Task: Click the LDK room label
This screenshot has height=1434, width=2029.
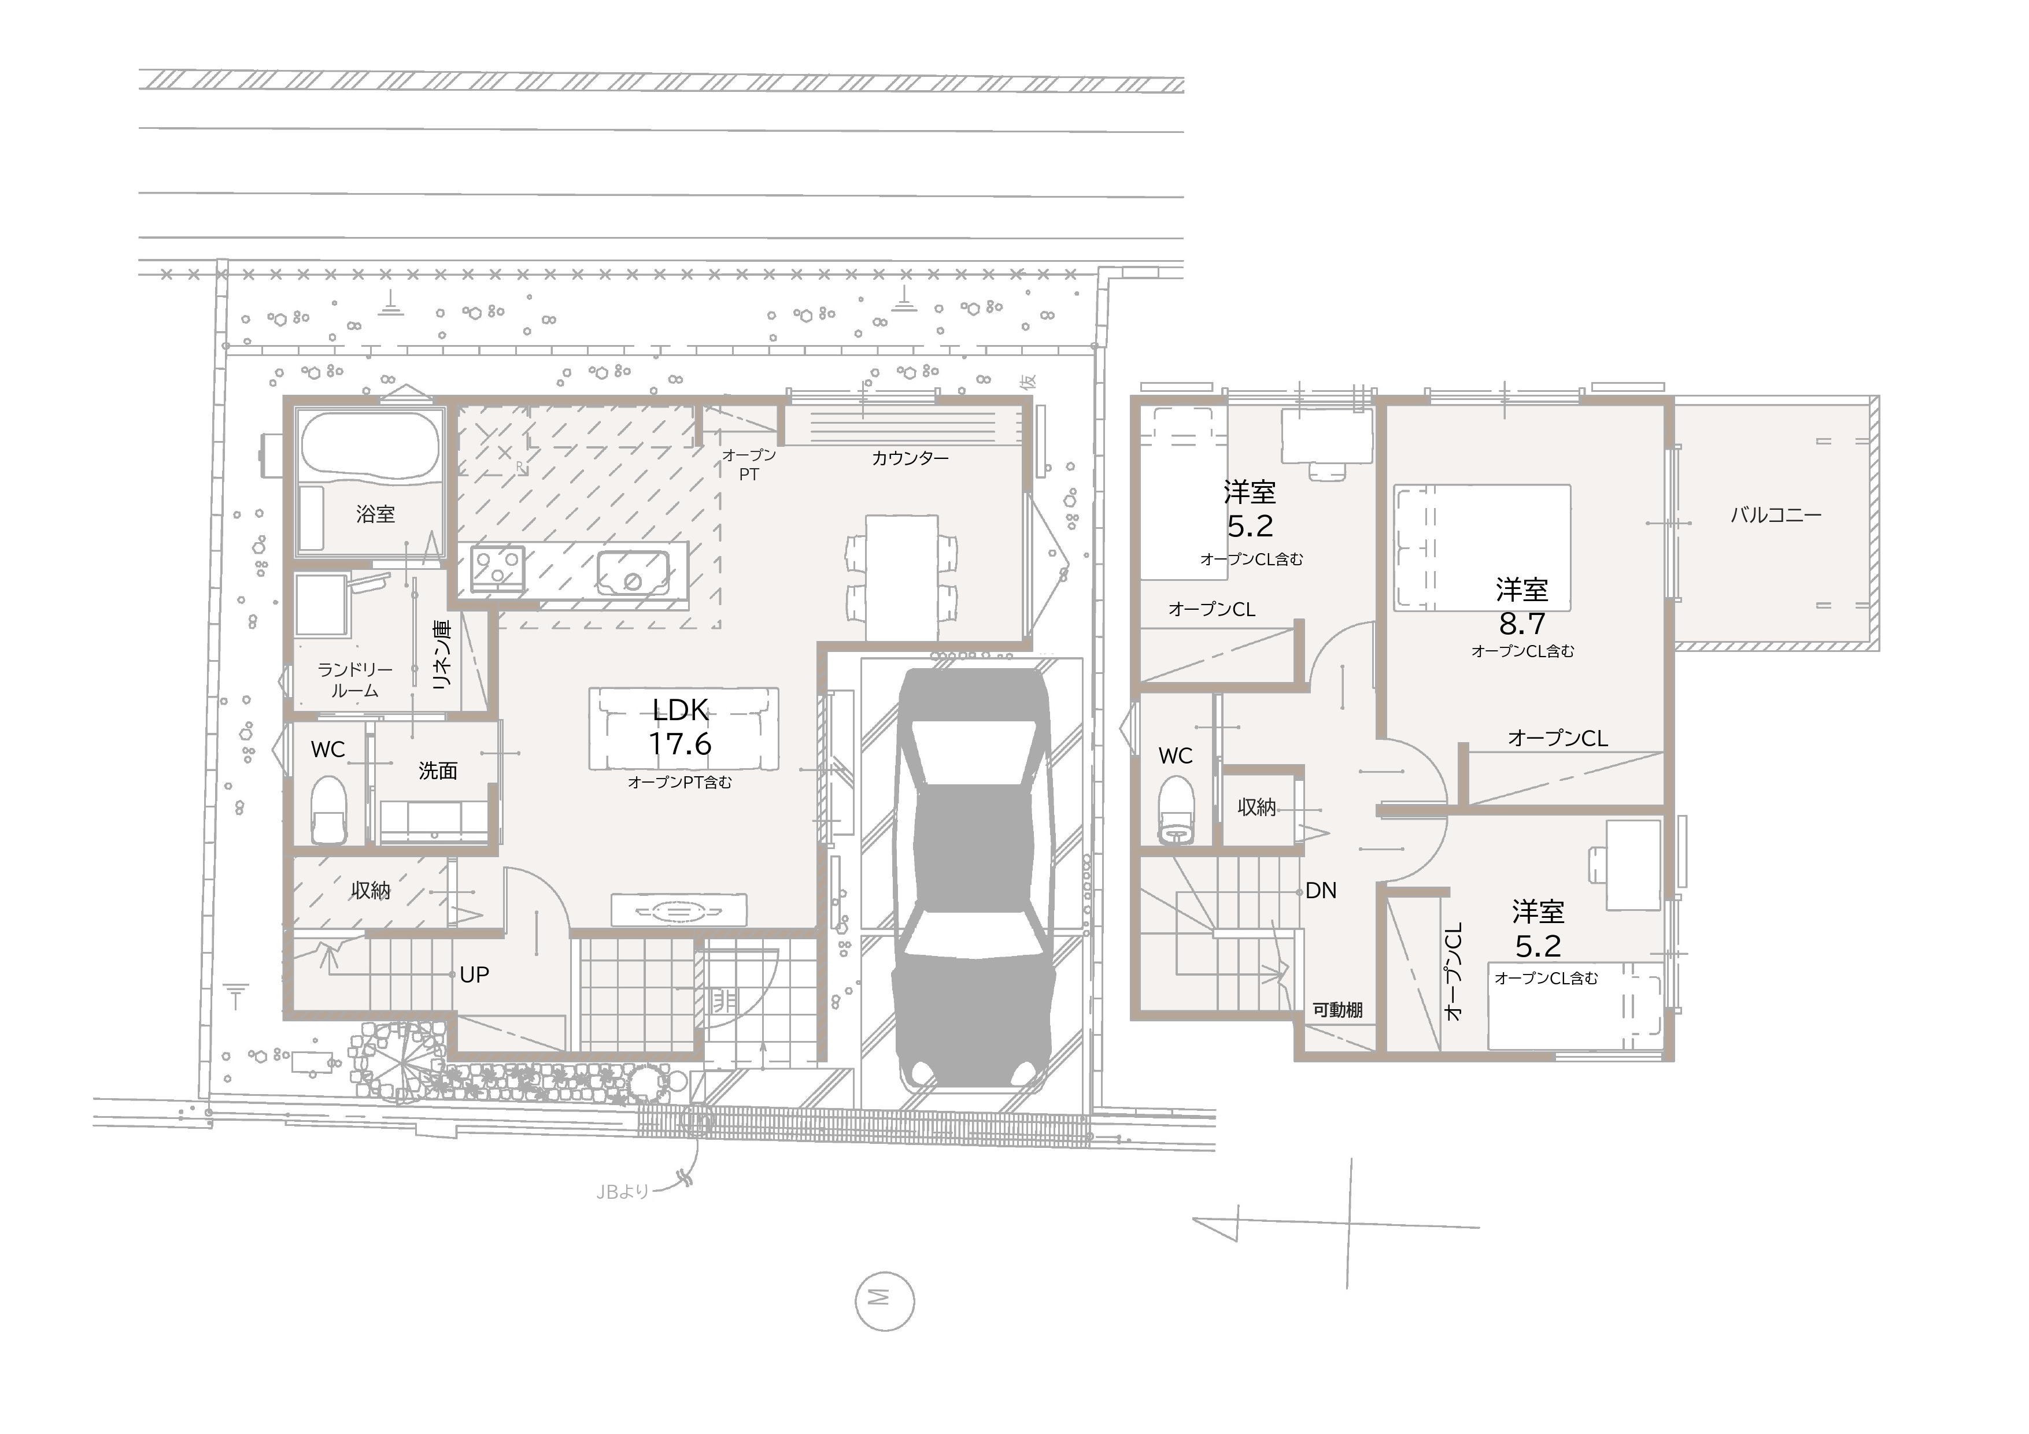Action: point(681,710)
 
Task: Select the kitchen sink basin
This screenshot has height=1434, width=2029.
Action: point(633,573)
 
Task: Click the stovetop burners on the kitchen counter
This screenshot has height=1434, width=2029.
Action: point(497,568)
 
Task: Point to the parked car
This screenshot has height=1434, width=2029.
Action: point(973,877)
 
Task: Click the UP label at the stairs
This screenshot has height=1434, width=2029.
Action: point(475,974)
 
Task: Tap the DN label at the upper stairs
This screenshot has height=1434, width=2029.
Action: point(1321,891)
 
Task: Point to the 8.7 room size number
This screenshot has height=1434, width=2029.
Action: point(1522,624)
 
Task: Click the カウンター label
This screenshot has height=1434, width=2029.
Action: point(910,458)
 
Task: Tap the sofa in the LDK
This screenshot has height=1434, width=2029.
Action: point(684,729)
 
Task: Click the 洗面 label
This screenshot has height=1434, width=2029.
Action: point(438,770)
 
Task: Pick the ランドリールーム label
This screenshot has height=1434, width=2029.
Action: point(355,680)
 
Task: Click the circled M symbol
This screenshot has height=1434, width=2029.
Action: point(885,1300)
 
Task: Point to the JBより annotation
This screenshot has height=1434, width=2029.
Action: point(623,1192)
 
